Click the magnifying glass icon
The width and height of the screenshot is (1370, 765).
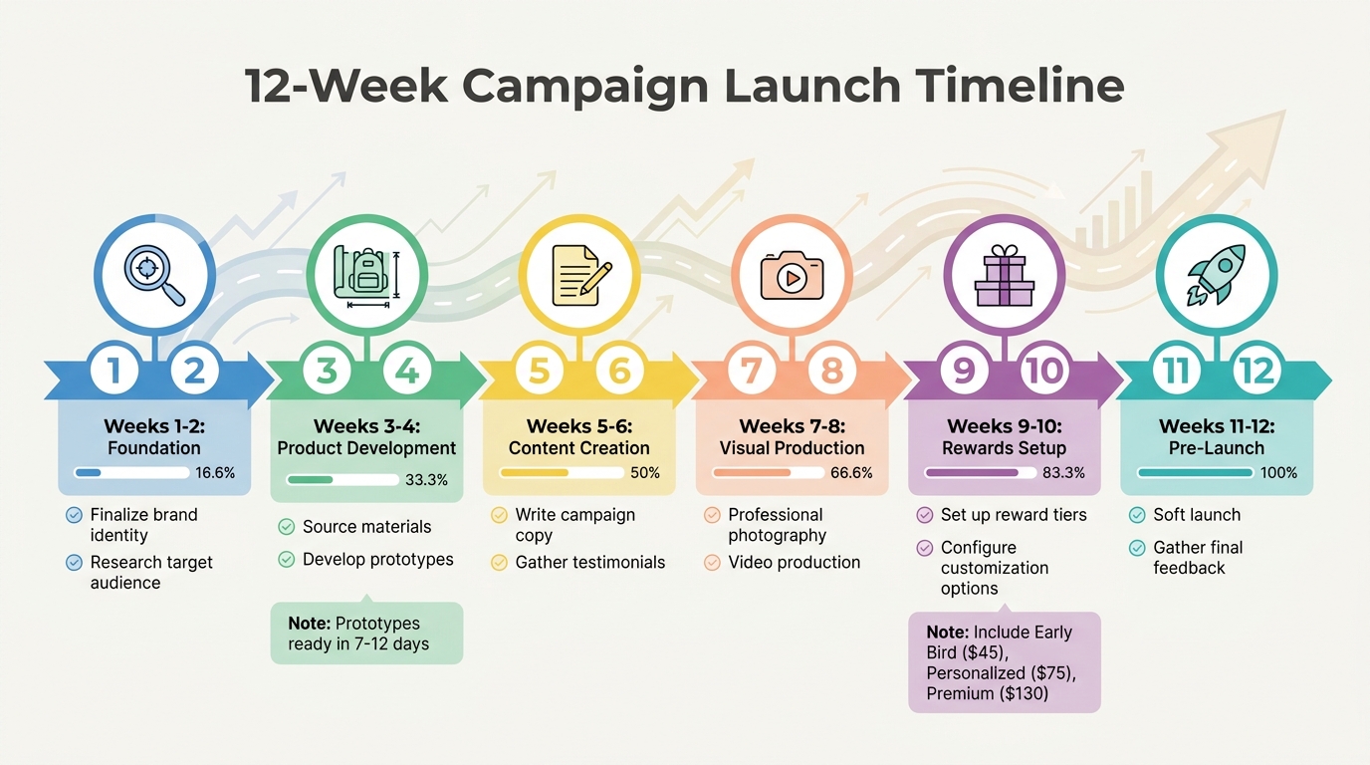(154, 274)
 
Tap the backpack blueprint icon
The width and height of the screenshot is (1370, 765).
(366, 274)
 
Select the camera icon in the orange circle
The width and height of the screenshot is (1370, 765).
(793, 274)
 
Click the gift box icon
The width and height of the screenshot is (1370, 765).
(1005, 274)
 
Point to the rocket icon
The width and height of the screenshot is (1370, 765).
(1216, 274)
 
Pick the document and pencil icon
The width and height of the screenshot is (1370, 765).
(579, 274)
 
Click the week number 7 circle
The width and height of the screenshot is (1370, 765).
(752, 372)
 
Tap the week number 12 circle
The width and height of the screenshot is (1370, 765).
(1257, 372)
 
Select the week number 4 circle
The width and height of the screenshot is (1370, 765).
(407, 372)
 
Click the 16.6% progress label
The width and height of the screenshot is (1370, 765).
(216, 472)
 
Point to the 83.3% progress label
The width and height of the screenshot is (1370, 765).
(1063, 472)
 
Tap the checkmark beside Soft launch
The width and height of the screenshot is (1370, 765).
(1137, 515)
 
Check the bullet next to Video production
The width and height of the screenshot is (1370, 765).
(712, 563)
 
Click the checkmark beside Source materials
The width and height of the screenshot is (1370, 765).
(287, 527)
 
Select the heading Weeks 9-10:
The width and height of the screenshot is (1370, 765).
(1005, 426)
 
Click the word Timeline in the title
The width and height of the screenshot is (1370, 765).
(1010, 86)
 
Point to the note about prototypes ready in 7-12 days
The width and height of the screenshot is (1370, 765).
(366, 634)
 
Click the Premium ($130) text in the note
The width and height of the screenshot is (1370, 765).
(988, 693)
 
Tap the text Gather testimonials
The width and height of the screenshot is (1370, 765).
(590, 563)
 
